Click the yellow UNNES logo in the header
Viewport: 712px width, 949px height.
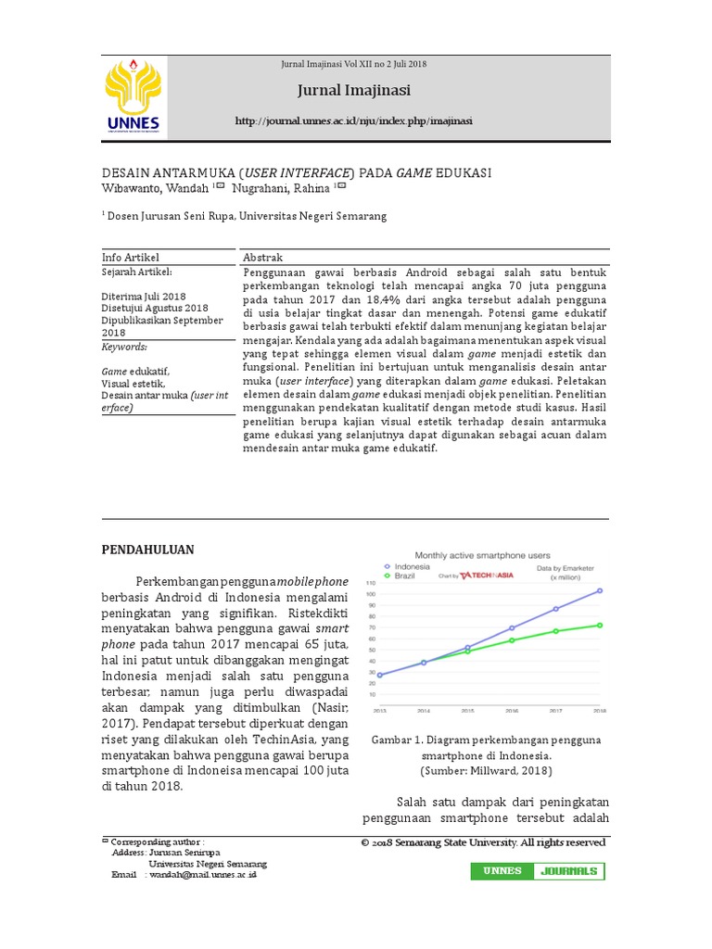[134, 96]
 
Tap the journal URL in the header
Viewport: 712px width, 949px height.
[354, 121]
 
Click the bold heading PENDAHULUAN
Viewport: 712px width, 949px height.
[147, 550]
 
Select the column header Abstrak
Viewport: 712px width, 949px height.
[262, 257]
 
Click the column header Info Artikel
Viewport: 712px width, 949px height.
[130, 257]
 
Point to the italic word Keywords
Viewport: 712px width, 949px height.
[124, 346]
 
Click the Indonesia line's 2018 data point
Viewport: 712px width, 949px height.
[599, 590]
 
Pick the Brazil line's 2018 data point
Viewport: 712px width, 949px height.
[599, 625]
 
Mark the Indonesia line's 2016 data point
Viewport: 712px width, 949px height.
[511, 628]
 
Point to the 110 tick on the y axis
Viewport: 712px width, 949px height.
[370, 583]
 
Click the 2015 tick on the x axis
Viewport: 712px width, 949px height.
[467, 711]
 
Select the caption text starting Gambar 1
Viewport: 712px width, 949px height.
[486, 754]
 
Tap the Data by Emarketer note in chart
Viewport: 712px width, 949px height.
[567, 566]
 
